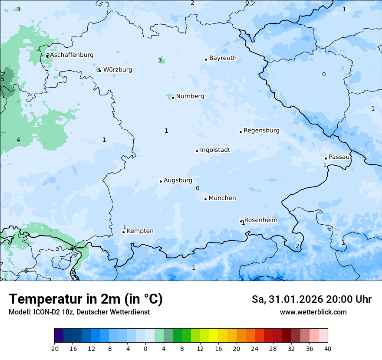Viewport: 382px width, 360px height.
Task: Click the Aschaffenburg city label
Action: tap(72, 55)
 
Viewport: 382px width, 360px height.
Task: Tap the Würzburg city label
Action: tap(118, 70)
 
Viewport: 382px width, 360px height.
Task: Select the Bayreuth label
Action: tap(223, 58)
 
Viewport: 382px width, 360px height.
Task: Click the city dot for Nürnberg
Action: tap(173, 98)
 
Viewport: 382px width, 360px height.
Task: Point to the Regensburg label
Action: tap(261, 131)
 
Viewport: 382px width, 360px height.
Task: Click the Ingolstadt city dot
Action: tap(197, 151)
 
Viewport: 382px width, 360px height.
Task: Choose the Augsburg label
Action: tap(178, 180)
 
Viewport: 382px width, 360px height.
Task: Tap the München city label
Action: tap(222, 198)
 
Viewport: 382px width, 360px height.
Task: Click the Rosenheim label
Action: tap(260, 220)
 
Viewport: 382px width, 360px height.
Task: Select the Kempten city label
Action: tap(140, 231)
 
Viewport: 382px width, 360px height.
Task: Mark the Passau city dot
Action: tap(326, 158)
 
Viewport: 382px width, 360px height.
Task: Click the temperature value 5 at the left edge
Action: tap(3, 79)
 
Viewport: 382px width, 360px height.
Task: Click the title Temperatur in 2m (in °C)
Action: tap(86, 299)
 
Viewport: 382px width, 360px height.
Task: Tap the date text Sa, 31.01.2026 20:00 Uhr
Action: tap(311, 299)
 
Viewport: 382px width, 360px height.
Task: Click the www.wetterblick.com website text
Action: tap(313, 312)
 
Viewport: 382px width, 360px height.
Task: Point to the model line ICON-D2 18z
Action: tap(79, 312)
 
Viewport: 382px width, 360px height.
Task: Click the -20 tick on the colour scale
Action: tap(54, 348)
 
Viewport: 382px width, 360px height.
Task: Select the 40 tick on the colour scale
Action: tap(328, 348)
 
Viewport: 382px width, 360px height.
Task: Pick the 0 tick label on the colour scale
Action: tap(145, 348)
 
